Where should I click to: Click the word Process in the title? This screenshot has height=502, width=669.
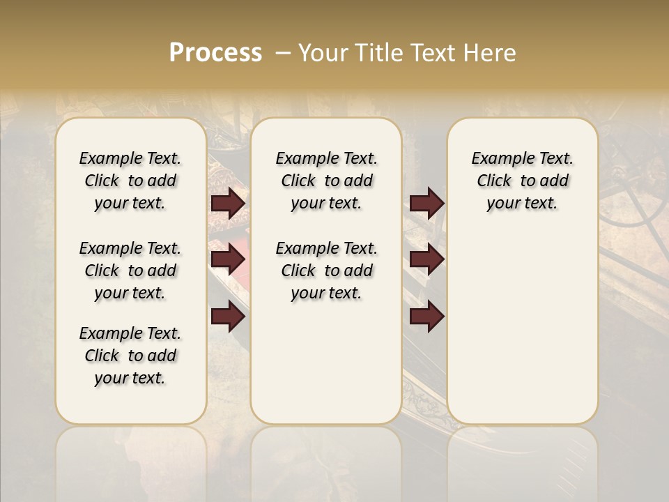tap(215, 53)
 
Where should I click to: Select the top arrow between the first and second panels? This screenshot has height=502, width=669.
tap(229, 204)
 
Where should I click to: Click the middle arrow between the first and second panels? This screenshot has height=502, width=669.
tap(229, 259)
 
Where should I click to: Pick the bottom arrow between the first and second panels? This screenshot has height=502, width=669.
tap(229, 317)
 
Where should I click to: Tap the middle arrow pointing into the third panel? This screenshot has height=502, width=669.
tap(426, 259)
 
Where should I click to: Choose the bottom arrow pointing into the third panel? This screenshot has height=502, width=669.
tap(426, 317)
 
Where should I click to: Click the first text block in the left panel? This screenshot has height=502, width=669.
tap(130, 181)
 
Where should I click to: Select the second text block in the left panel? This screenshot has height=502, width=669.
tap(130, 271)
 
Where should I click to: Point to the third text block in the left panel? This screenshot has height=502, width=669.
tap(130, 356)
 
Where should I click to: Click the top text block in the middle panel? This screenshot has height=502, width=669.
tap(326, 181)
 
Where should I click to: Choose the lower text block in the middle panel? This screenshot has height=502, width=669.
tap(326, 271)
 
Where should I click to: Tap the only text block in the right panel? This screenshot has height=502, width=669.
tap(522, 181)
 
